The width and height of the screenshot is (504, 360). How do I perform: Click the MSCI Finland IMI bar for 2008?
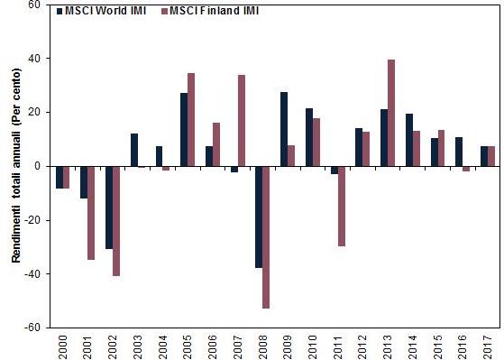(267, 237)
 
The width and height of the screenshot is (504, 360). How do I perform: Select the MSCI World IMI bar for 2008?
(259, 217)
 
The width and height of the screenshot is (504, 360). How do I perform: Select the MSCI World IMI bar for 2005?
(184, 129)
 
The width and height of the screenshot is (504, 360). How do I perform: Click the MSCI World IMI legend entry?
(101, 12)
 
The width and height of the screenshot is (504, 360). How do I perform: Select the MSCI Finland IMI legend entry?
(205, 12)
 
